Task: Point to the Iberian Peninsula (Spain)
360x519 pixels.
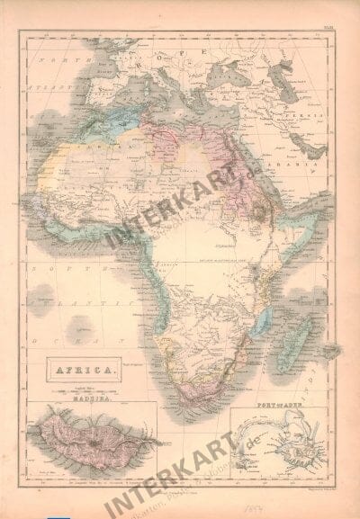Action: (x=99, y=85)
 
